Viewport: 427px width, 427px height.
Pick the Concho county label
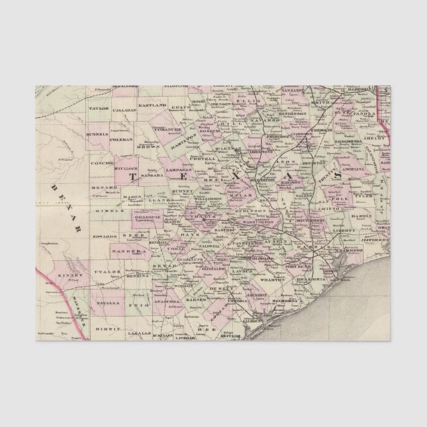point(104,161)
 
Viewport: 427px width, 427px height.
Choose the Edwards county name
point(105,235)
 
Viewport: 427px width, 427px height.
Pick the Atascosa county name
point(167,302)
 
